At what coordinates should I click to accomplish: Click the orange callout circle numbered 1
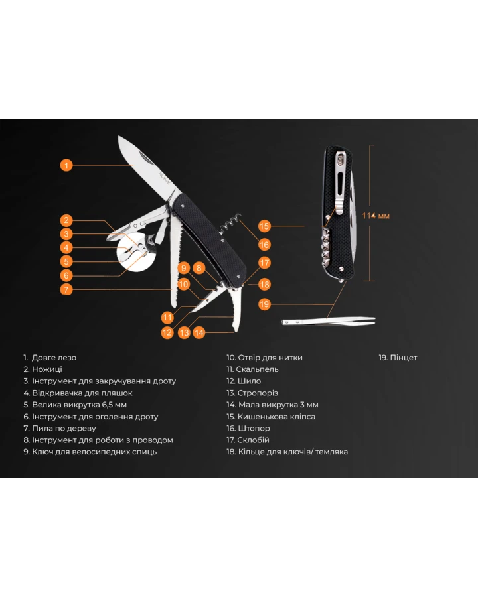pyautogui.click(x=66, y=165)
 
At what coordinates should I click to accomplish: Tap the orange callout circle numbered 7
pyautogui.click(x=66, y=289)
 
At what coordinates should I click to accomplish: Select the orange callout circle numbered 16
pyautogui.click(x=264, y=245)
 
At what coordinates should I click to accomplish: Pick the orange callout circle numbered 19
pyautogui.click(x=264, y=304)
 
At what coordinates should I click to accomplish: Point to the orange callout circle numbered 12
pyautogui.click(x=167, y=332)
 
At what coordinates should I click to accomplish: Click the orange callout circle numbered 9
pyautogui.click(x=184, y=268)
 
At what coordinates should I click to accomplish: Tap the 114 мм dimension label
pyautogui.click(x=376, y=216)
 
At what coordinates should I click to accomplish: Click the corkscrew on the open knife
pyautogui.click(x=231, y=224)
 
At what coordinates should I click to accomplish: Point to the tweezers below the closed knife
pyautogui.click(x=329, y=321)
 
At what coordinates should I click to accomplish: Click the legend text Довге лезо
pyautogui.click(x=54, y=358)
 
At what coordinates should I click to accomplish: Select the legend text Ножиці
pyautogui.click(x=47, y=369)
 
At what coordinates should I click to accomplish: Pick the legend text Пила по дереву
pyautogui.click(x=64, y=429)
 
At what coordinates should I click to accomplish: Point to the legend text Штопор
pyautogui.click(x=254, y=429)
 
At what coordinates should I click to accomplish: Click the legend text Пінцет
pyautogui.click(x=404, y=358)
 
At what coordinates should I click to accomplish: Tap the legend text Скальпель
pyautogui.click(x=258, y=369)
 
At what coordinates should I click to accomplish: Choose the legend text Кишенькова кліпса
pyautogui.click(x=276, y=417)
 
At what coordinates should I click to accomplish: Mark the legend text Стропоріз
pyautogui.click(x=258, y=393)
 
